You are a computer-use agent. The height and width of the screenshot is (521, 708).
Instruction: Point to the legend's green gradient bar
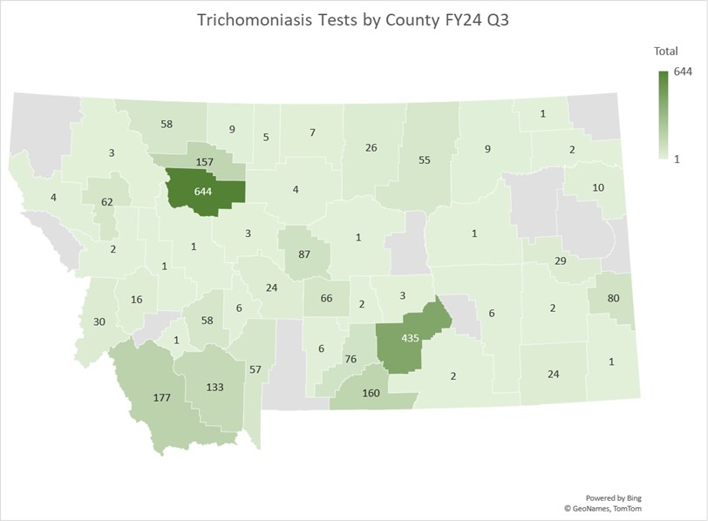664,113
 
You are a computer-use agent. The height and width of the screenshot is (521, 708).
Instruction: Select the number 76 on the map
351,359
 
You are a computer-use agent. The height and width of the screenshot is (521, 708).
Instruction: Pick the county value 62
106,202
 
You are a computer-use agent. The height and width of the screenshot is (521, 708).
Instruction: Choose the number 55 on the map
425,160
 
